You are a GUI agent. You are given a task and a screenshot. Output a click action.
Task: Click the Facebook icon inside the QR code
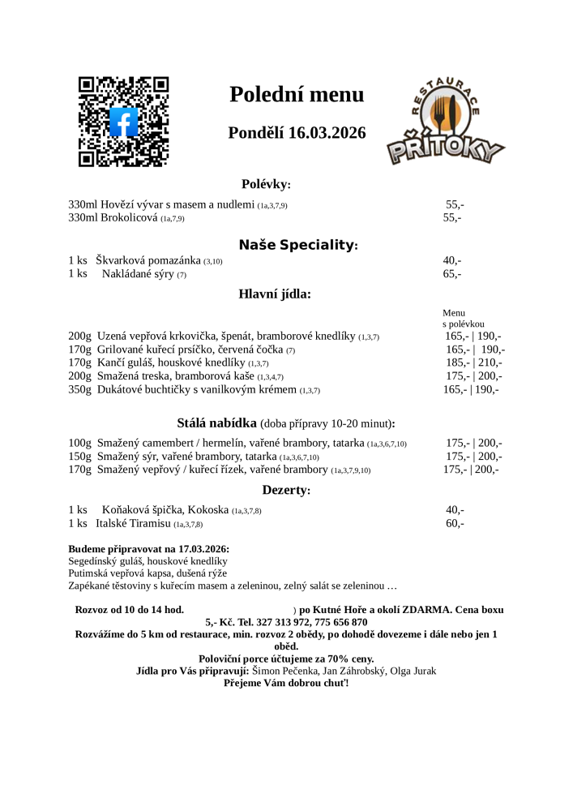pyautogui.click(x=123, y=122)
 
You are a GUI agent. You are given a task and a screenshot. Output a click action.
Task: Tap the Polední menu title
pyautogui.click(x=297, y=95)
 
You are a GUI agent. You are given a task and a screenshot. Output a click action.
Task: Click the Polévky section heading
pyautogui.click(x=265, y=184)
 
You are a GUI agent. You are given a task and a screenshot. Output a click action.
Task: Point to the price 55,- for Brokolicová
pyautogui.click(x=451, y=218)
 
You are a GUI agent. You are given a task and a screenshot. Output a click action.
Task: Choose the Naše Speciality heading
pyautogui.click(x=297, y=245)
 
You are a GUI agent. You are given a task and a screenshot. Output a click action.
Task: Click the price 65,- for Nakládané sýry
pyautogui.click(x=451, y=274)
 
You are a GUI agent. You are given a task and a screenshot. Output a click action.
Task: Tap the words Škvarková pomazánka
pyautogui.click(x=148, y=260)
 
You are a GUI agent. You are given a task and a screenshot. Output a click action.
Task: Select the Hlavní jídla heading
pyautogui.click(x=275, y=294)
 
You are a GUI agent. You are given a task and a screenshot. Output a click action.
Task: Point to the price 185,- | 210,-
pyautogui.click(x=473, y=363)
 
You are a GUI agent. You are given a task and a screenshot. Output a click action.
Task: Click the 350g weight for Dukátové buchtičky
pyautogui.click(x=79, y=389)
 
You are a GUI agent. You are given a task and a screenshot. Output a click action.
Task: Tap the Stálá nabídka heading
pyautogui.click(x=216, y=423)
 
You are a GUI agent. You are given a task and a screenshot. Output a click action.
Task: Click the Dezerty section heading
pyautogui.click(x=286, y=490)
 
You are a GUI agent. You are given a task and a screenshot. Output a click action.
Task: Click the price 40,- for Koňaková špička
pyautogui.click(x=454, y=510)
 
